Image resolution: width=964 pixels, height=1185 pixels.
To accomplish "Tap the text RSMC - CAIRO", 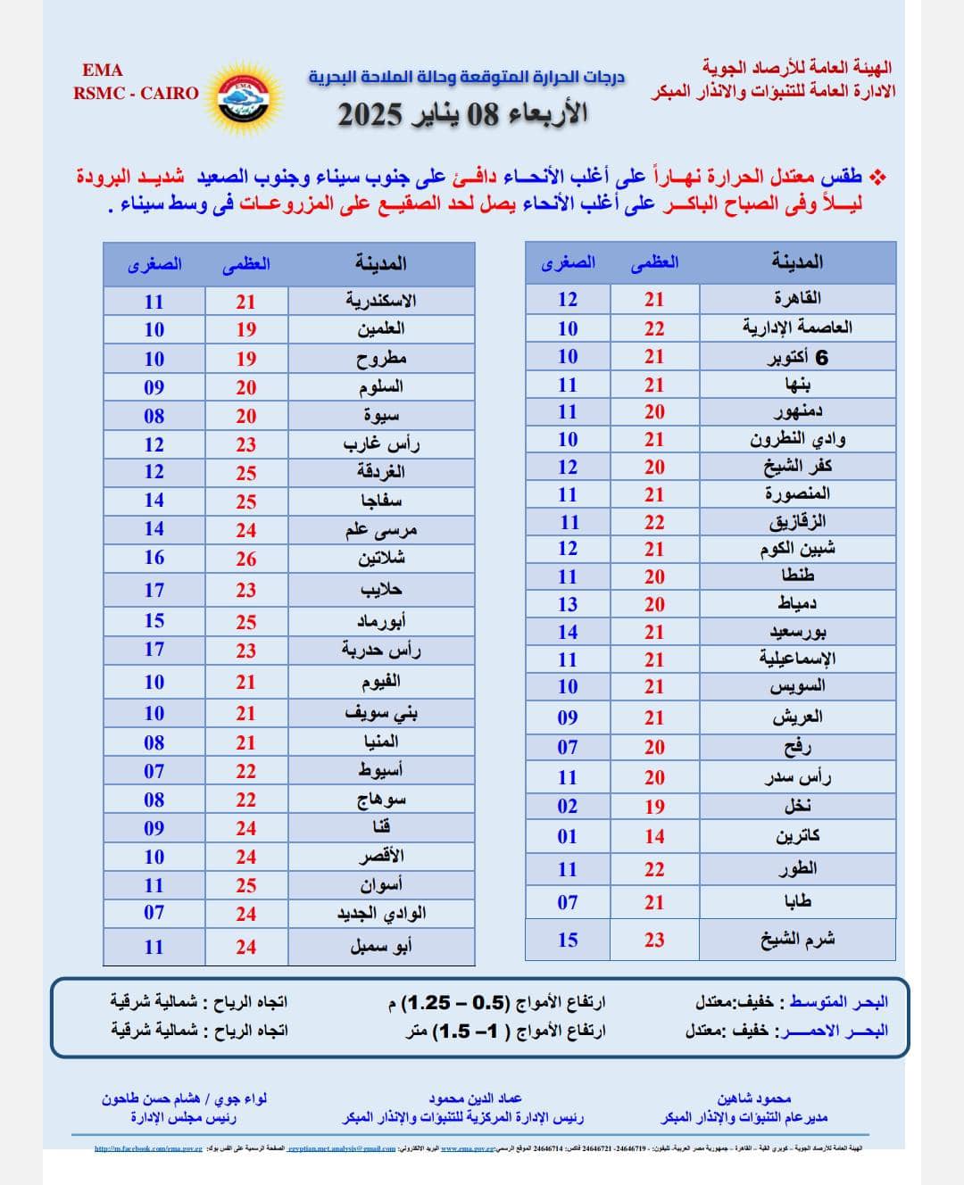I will pos(136,93).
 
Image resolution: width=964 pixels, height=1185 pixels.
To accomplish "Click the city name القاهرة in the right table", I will pos(797,298).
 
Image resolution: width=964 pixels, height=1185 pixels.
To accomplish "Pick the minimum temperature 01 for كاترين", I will pos(568,836).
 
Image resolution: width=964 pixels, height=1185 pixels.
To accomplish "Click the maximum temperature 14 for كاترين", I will pos(654,836).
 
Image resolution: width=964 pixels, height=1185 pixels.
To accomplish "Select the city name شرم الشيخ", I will pos(797,940).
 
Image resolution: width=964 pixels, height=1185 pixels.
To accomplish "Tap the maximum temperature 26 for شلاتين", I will pos(246,559).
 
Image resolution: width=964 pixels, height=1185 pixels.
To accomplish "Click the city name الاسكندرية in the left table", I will pos(381,301).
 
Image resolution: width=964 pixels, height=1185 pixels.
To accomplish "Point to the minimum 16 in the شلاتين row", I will pos(154,558).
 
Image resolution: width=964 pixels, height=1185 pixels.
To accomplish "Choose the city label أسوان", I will pos(381,885).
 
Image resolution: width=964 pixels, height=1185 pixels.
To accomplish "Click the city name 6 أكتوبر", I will pos(797,357).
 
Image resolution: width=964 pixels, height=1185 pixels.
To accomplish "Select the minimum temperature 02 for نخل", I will pos(568,806).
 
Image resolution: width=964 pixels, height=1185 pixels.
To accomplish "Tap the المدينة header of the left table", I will pos(381,263).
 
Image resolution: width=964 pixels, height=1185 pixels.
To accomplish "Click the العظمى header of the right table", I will pos(654,262).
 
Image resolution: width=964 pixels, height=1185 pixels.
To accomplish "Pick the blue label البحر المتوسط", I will pos(838,1002).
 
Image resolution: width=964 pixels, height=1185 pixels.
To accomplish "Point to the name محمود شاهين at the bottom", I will pos(754,1098).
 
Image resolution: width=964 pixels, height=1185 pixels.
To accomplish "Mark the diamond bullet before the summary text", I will pos(879,178).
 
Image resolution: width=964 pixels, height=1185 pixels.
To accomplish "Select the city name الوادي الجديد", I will pos(381,914).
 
